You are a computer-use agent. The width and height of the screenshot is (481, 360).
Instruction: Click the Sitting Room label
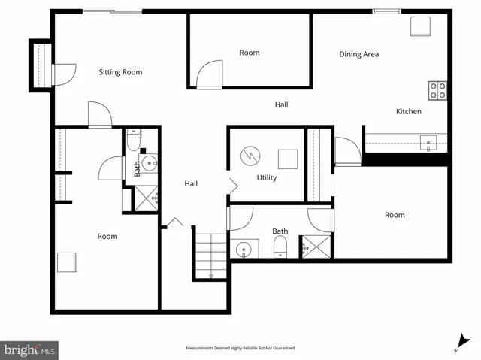point(120,72)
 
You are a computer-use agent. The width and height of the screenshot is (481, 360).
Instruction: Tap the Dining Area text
point(358,54)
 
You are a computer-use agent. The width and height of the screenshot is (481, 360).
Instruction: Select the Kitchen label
point(409,111)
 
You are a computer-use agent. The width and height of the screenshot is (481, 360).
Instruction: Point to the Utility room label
point(267,178)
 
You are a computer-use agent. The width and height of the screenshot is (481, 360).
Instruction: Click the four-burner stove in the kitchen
point(437,91)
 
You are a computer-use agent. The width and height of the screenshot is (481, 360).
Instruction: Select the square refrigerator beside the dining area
point(419,26)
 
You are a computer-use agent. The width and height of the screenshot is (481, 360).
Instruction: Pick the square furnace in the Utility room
point(288,159)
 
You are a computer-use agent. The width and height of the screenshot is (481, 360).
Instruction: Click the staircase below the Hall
point(210,256)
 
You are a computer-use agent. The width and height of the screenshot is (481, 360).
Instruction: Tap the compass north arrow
point(462,342)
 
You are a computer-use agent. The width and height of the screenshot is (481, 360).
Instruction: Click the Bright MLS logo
point(30,349)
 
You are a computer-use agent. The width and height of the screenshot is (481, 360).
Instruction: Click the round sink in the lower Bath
point(244,250)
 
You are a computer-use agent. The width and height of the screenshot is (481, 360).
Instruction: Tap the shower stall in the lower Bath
point(316,247)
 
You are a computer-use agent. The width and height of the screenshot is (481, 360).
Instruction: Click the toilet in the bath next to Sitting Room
point(135,139)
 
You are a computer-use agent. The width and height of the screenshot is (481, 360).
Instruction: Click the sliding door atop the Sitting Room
point(112,11)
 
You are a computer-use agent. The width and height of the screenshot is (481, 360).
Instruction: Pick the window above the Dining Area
point(386,11)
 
